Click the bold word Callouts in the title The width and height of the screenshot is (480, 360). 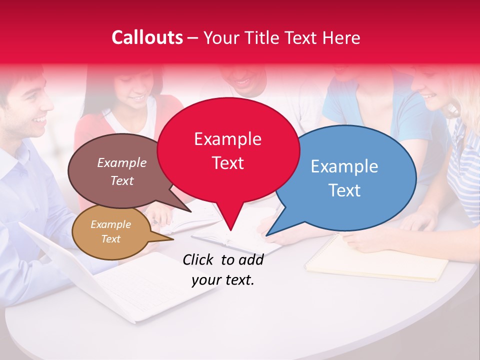(x=147, y=37)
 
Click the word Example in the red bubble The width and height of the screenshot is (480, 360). (x=227, y=139)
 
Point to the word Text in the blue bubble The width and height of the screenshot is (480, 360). (x=344, y=190)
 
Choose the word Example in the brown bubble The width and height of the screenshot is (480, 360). (x=121, y=163)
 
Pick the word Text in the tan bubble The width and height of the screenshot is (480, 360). (x=110, y=239)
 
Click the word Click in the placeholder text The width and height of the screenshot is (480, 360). (x=199, y=259)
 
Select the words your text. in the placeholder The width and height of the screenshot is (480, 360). (x=223, y=280)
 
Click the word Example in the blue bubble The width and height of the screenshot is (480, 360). (x=344, y=166)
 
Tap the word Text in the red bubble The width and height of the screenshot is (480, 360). (x=227, y=163)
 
